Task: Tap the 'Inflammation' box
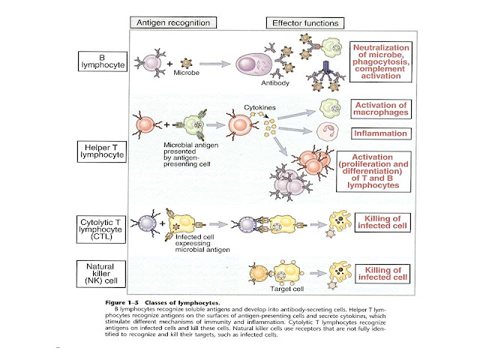coord(381,133)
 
